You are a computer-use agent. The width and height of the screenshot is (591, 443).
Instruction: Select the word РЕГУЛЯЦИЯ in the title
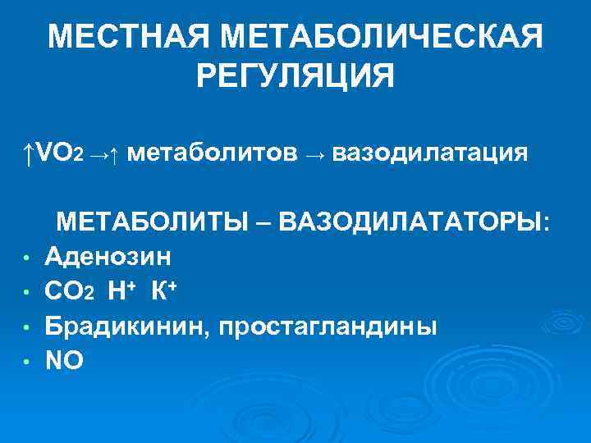tap(295, 77)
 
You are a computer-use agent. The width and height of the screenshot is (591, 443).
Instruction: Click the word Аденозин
tap(108, 257)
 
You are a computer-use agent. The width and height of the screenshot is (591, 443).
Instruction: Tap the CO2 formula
tap(72, 292)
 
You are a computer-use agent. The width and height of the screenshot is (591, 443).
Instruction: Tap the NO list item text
tap(64, 360)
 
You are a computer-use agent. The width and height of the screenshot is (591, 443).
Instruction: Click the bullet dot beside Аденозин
tap(26, 259)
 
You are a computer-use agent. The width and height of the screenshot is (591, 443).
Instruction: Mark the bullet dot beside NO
tap(26, 363)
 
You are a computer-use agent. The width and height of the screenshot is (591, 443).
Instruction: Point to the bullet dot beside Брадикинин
tap(26, 328)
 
